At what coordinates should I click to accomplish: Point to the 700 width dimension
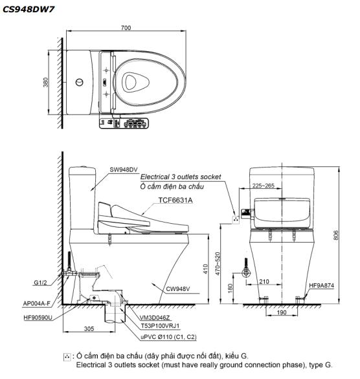point(126,28)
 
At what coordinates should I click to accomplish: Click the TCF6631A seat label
point(175,200)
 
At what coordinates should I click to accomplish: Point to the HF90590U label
point(38,318)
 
